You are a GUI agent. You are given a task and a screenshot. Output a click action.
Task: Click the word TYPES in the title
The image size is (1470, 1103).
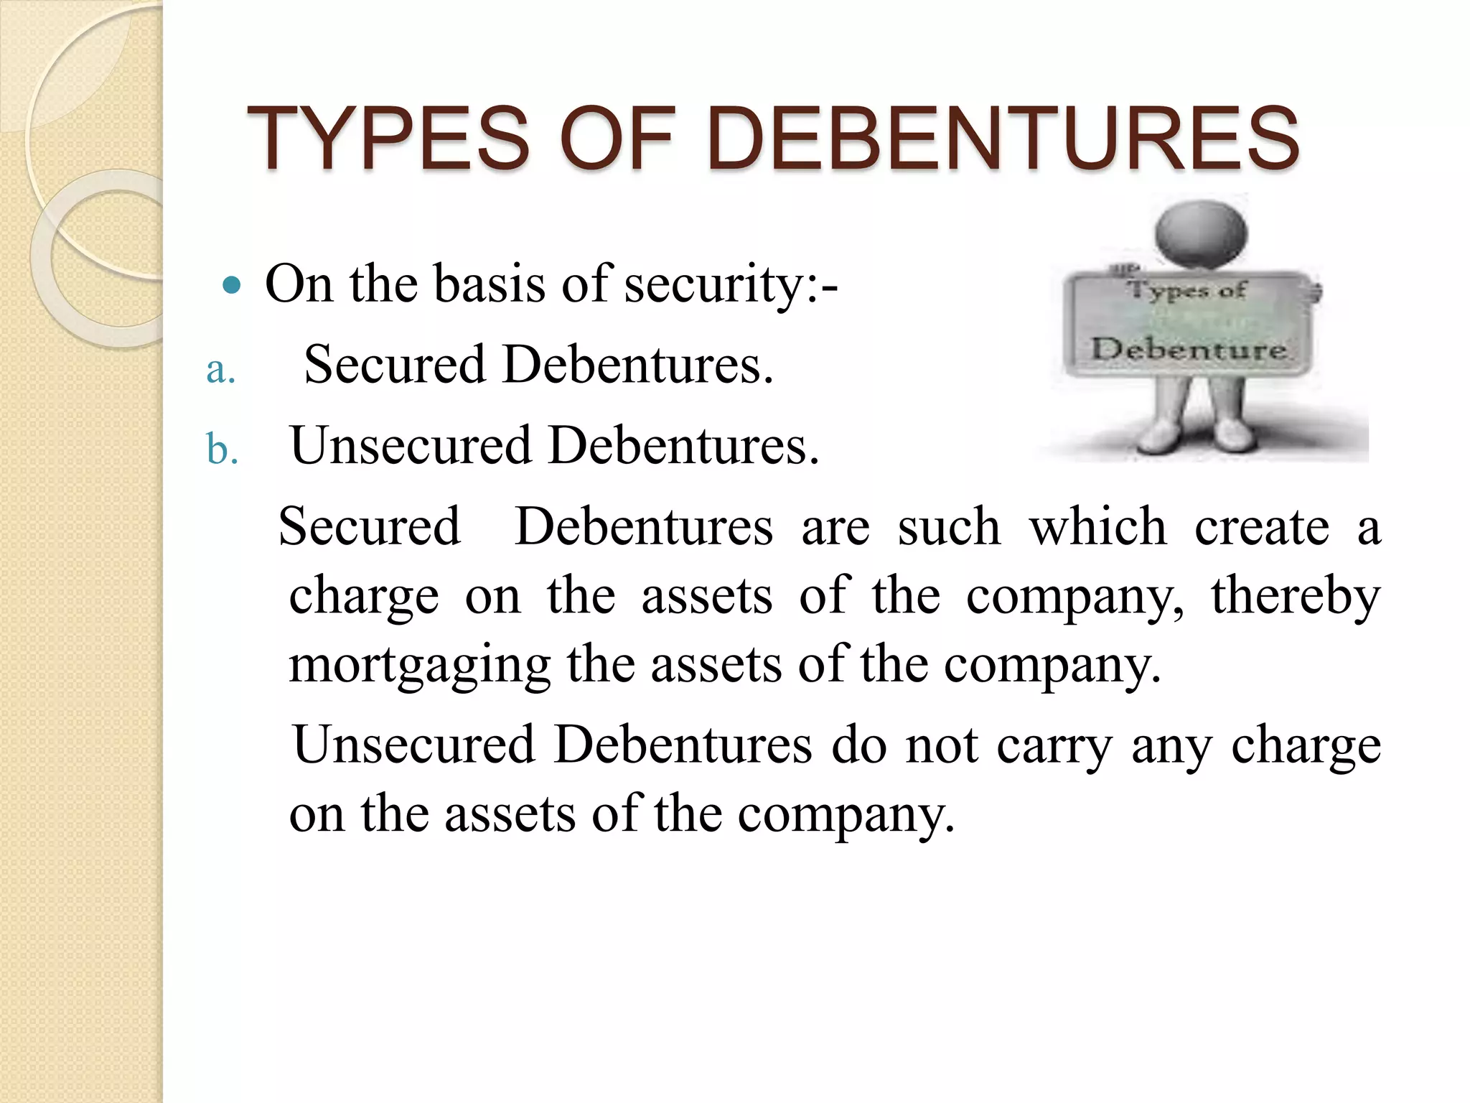click(x=388, y=139)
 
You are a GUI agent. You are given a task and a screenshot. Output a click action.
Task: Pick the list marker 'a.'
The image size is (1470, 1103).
click(x=220, y=371)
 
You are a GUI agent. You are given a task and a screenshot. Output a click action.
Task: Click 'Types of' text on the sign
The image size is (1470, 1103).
click(x=1186, y=291)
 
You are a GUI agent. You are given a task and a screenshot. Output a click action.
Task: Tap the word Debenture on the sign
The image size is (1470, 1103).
click(x=1188, y=350)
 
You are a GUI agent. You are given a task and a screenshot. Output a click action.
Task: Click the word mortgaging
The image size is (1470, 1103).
click(x=419, y=665)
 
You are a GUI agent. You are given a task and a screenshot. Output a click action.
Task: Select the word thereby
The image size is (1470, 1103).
click(x=1296, y=596)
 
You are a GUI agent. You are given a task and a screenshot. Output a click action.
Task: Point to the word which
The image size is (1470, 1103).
click(x=1098, y=527)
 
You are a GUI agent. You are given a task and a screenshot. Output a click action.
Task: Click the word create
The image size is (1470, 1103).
click(x=1262, y=527)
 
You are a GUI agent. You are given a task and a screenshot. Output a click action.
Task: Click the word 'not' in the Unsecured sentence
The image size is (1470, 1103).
click(x=942, y=745)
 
